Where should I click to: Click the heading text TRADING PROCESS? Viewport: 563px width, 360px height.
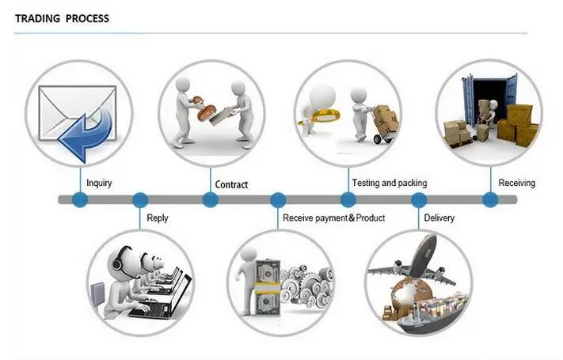coord(63,18)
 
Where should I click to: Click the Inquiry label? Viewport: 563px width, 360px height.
coord(99,184)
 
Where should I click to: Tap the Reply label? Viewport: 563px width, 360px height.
coord(158,218)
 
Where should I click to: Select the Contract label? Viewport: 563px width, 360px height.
coord(231,184)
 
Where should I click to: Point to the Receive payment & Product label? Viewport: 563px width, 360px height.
coord(333,218)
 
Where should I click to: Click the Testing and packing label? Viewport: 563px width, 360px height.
coord(389,183)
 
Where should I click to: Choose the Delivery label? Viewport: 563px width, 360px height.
coord(439,218)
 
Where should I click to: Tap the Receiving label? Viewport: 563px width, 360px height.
coord(516,183)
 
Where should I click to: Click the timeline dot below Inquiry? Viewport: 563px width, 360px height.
coord(79,200)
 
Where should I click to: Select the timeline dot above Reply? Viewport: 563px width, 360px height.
coord(140,200)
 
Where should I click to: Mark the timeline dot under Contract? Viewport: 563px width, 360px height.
coord(210,200)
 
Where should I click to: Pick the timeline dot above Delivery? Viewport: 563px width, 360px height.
coord(418,200)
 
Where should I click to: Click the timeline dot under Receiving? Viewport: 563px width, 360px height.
coord(490,200)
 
